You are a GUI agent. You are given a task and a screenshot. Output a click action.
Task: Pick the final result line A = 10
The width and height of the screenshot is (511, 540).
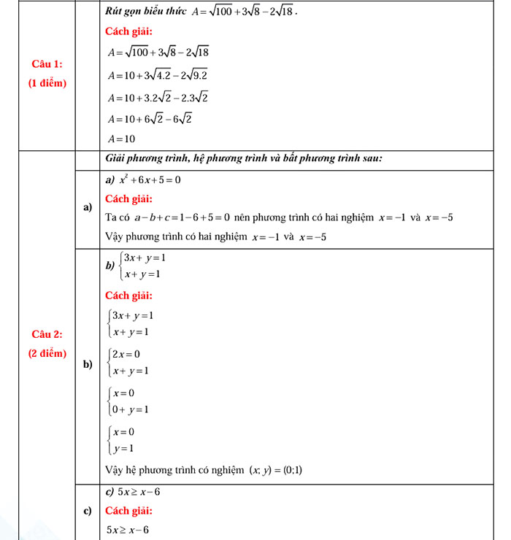point(121,139)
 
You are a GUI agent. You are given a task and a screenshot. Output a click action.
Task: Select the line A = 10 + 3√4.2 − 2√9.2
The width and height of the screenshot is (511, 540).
point(158,74)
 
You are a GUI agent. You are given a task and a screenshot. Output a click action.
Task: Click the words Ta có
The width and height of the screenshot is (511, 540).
point(117,217)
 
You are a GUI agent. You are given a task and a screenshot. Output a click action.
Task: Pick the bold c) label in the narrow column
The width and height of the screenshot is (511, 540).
point(88,510)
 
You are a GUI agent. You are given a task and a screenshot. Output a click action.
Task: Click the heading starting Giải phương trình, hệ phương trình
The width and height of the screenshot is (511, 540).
point(245,158)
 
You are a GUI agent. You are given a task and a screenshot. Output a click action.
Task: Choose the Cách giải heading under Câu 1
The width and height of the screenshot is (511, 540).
point(128,31)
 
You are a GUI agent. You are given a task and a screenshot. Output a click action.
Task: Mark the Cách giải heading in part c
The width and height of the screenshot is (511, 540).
point(128,510)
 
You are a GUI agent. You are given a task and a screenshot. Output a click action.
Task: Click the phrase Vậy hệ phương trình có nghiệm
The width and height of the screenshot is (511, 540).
point(174,470)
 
